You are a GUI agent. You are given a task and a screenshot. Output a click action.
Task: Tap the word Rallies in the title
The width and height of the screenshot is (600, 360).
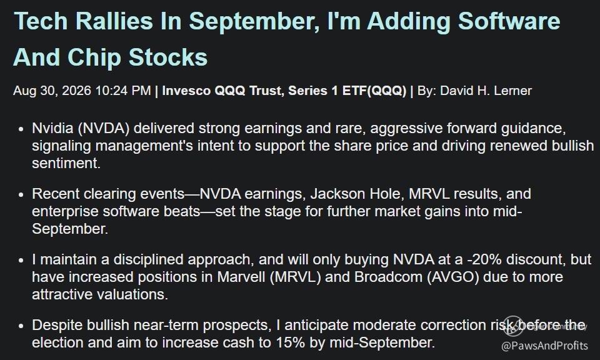(x=114, y=21)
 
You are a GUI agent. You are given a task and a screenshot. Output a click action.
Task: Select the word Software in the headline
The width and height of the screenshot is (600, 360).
(x=509, y=21)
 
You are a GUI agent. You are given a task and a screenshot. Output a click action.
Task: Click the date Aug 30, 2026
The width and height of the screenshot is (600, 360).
(x=52, y=91)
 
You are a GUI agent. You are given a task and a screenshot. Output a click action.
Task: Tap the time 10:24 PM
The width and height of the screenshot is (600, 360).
(x=123, y=91)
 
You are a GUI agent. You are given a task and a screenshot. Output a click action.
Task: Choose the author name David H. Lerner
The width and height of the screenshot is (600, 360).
(x=486, y=91)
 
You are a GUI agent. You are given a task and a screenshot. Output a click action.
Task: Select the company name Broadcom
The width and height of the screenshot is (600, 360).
(x=388, y=277)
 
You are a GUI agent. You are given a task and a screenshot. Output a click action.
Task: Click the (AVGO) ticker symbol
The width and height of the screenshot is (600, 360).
(x=453, y=277)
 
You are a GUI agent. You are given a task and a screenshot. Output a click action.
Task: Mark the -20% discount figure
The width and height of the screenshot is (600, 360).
(x=484, y=259)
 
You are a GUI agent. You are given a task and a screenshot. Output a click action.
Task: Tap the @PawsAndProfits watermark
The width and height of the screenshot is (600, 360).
(x=544, y=346)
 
